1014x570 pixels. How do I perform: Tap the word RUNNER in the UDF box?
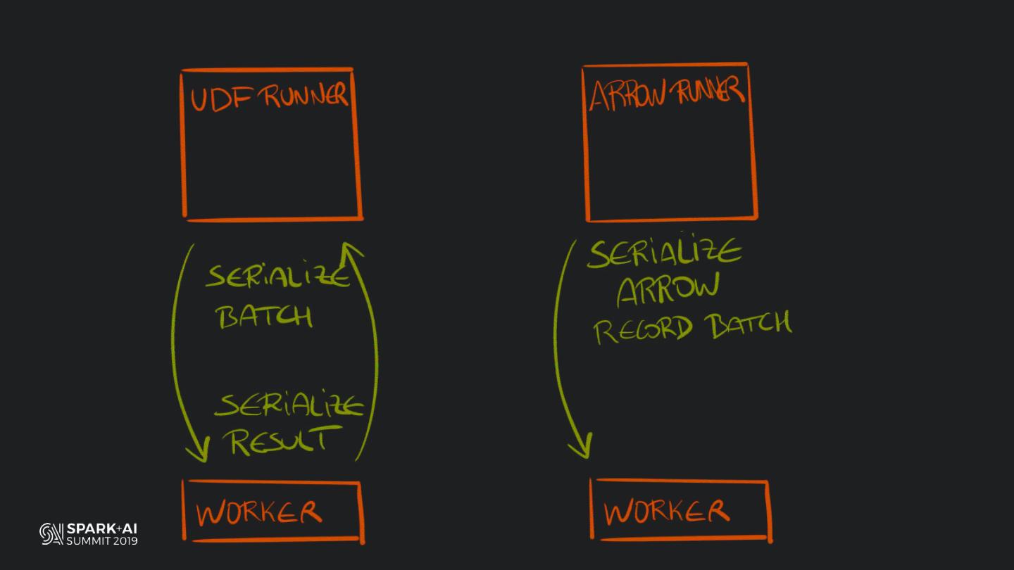305,97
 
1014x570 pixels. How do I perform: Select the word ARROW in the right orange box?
627,95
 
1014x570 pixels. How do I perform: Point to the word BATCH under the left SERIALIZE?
265,317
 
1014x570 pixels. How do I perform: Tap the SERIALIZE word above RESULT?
289,406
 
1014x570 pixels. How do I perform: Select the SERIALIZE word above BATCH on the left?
277,277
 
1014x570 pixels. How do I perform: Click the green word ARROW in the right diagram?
668,289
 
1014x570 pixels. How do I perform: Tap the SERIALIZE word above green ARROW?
663,253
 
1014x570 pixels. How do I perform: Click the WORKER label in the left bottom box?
258,512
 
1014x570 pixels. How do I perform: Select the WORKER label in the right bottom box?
666,511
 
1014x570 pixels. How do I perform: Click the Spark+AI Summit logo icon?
51,534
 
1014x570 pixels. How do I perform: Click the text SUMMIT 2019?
102,541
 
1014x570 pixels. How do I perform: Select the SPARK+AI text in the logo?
102,528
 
